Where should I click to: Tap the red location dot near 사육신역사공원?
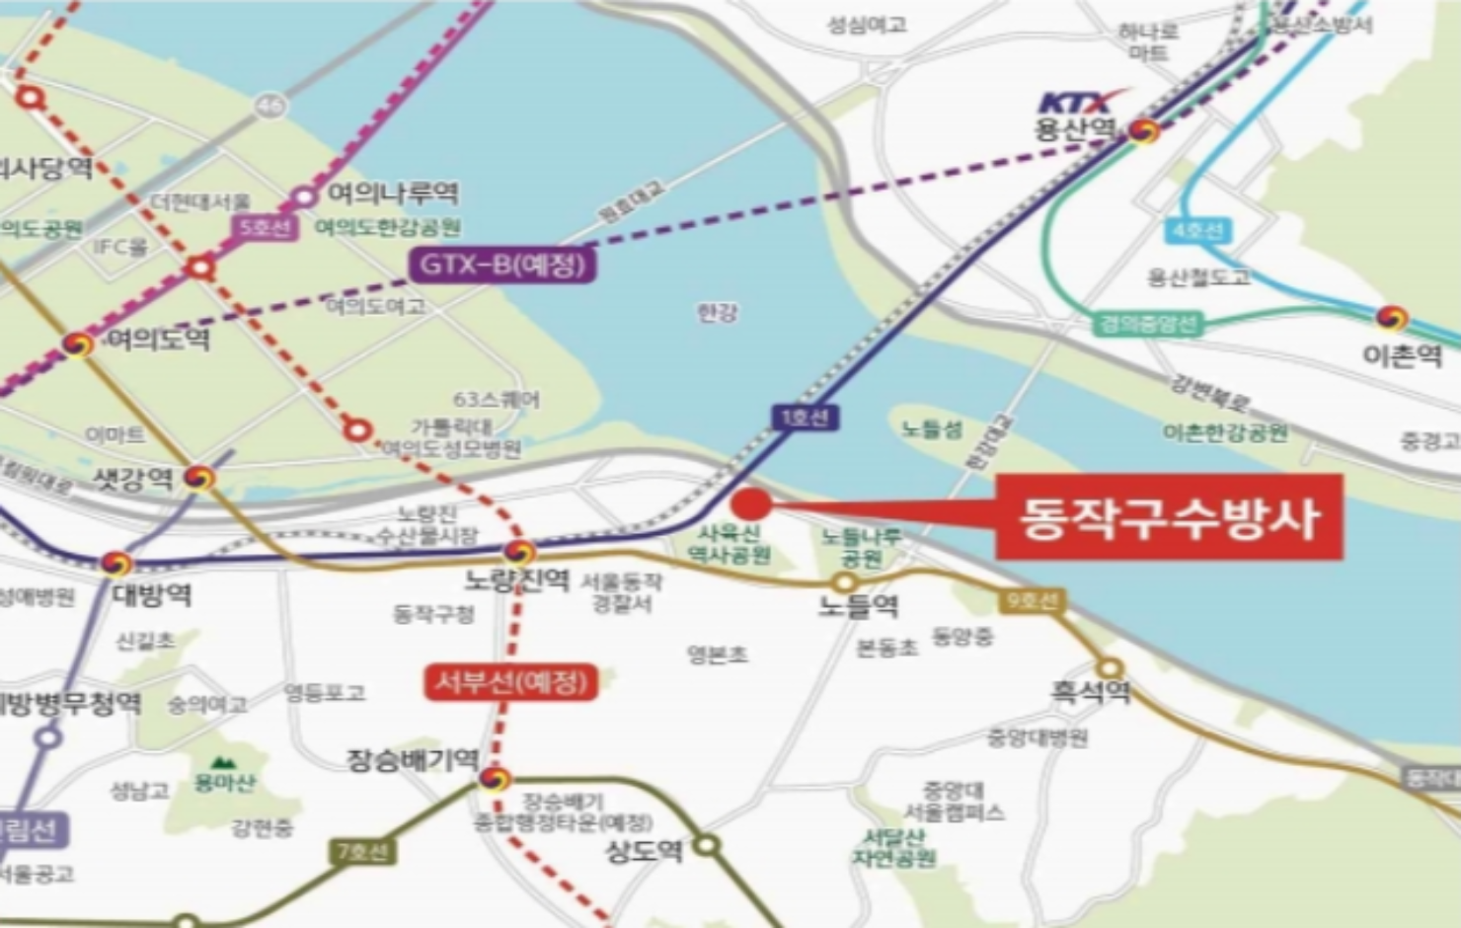point(751,503)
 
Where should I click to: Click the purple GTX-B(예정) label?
point(503,265)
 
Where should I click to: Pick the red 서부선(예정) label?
point(511,682)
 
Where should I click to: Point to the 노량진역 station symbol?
point(519,552)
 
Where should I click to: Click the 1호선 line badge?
point(805,418)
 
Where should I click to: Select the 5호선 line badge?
point(264,228)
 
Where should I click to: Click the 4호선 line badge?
point(1198,231)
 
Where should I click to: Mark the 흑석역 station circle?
point(1111,668)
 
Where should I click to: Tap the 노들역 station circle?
point(845,582)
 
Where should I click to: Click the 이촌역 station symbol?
point(1392,318)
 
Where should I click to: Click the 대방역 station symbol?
point(116,564)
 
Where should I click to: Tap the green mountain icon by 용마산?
point(222,762)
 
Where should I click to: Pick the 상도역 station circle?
point(706,845)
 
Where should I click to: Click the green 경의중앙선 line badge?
point(1148,324)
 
